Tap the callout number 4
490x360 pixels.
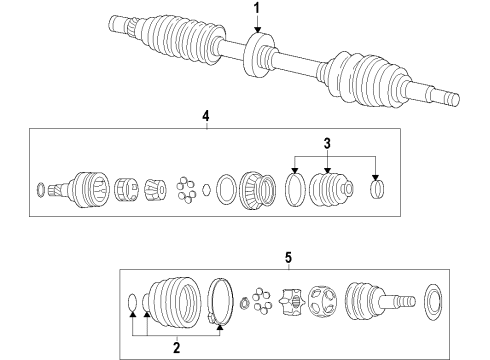[205, 117]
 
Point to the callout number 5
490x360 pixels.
[288, 258]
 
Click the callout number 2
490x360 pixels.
[176, 347]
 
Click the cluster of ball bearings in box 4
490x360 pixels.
[185, 187]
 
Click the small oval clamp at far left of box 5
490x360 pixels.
[133, 300]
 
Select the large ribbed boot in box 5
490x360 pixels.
[174, 299]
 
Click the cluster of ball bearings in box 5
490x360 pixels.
[262, 300]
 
